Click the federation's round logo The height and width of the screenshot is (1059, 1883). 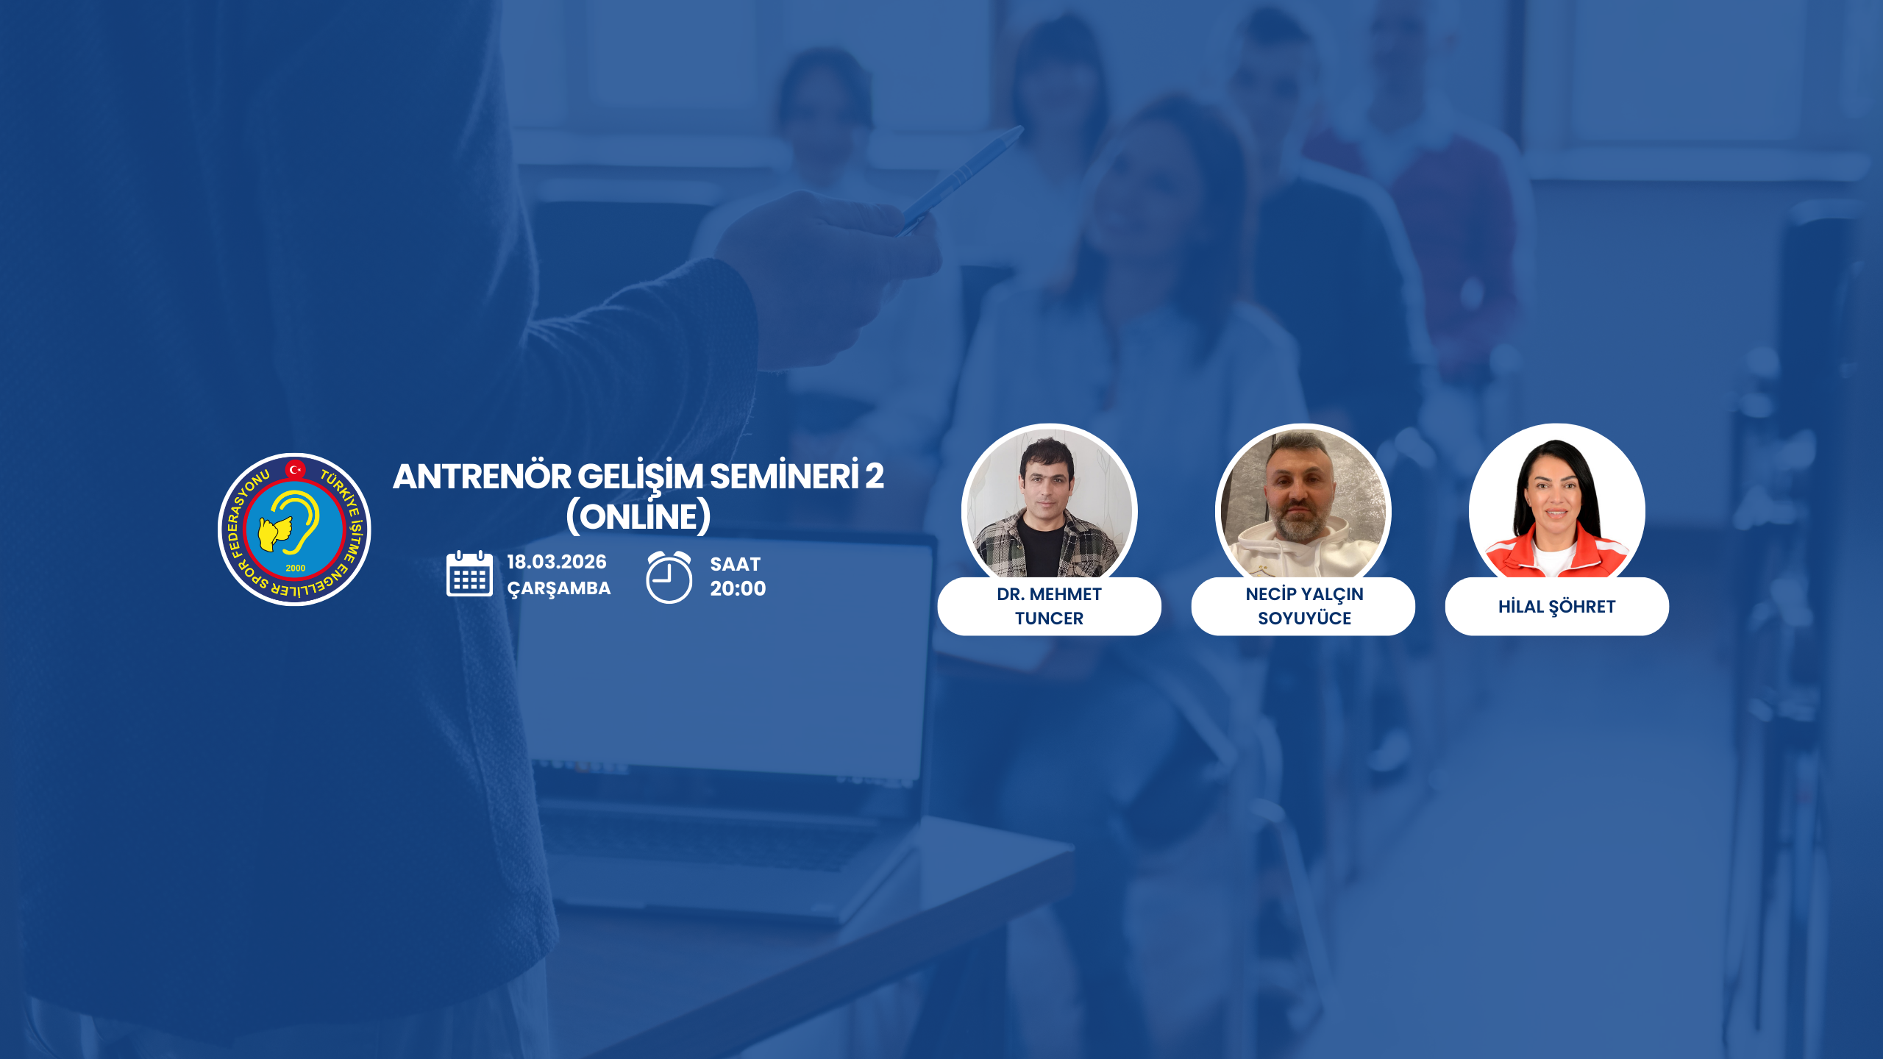tap(294, 529)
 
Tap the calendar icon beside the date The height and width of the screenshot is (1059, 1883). tap(469, 574)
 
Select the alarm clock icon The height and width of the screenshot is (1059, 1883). tap(669, 577)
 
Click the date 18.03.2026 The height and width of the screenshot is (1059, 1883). tap(557, 562)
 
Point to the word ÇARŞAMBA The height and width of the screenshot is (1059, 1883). tap(559, 588)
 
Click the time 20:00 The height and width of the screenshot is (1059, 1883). tap(738, 588)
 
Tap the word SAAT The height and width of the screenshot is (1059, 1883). tap(735, 564)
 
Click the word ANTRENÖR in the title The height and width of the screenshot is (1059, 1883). tap(482, 477)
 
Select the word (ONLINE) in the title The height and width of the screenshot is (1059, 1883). tap(638, 516)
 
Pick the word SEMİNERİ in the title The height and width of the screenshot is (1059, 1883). tap(784, 476)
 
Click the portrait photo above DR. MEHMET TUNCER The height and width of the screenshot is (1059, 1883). tap(1049, 504)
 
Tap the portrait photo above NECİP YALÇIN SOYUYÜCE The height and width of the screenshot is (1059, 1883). tap(1303, 504)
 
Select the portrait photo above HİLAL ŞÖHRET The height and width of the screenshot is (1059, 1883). tap(1556, 504)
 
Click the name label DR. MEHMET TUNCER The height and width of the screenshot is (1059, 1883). tap(1049, 606)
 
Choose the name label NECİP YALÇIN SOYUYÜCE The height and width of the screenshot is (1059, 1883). tap(1303, 606)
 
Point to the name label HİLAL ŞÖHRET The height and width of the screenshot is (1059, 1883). tap(1556, 606)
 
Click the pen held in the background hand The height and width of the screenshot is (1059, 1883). tap(961, 179)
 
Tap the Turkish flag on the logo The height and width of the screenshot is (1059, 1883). tap(295, 469)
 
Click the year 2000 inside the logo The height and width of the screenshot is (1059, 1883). tap(295, 568)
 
